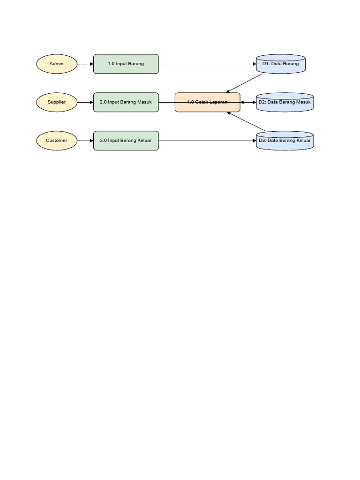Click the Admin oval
[57, 64]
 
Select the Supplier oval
[57, 102]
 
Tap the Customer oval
[57, 140]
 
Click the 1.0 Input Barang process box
[126, 64]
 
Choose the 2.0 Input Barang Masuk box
[126, 102]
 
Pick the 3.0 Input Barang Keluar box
[126, 140]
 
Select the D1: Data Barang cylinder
[281, 64]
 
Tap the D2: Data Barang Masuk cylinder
[285, 102]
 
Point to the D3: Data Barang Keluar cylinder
[285, 141]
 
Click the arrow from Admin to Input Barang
[85, 64]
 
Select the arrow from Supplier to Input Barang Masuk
[85, 102]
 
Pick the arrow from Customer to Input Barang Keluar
[85, 140]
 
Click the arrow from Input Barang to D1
[208, 64]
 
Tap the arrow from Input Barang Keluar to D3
[208, 140]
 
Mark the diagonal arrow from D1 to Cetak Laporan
[244, 82]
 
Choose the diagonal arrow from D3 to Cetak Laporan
[247, 122]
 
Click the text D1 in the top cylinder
[265, 64]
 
